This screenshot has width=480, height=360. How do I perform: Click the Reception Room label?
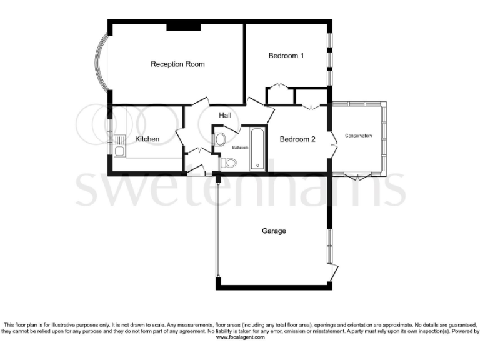[x=177, y=64]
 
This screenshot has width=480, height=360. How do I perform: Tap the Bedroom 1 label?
[x=286, y=56]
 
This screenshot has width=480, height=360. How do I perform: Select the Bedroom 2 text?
[x=297, y=139]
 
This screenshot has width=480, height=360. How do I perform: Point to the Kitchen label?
[x=147, y=139]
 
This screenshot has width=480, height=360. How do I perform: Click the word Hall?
[x=225, y=116]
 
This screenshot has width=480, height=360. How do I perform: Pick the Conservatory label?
[x=359, y=136]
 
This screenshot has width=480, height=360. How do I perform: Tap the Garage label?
[x=274, y=231]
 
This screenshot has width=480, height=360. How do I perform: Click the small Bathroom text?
[x=241, y=147]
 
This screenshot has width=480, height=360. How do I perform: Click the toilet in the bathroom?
[x=229, y=163]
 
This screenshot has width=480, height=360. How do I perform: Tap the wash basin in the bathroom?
[x=218, y=139]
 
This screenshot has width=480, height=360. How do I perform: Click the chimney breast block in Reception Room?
[x=183, y=27]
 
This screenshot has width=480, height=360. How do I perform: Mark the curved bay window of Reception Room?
[x=99, y=64]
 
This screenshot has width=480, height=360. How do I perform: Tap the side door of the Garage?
[x=334, y=272]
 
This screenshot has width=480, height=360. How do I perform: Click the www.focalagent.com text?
[x=240, y=337]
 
